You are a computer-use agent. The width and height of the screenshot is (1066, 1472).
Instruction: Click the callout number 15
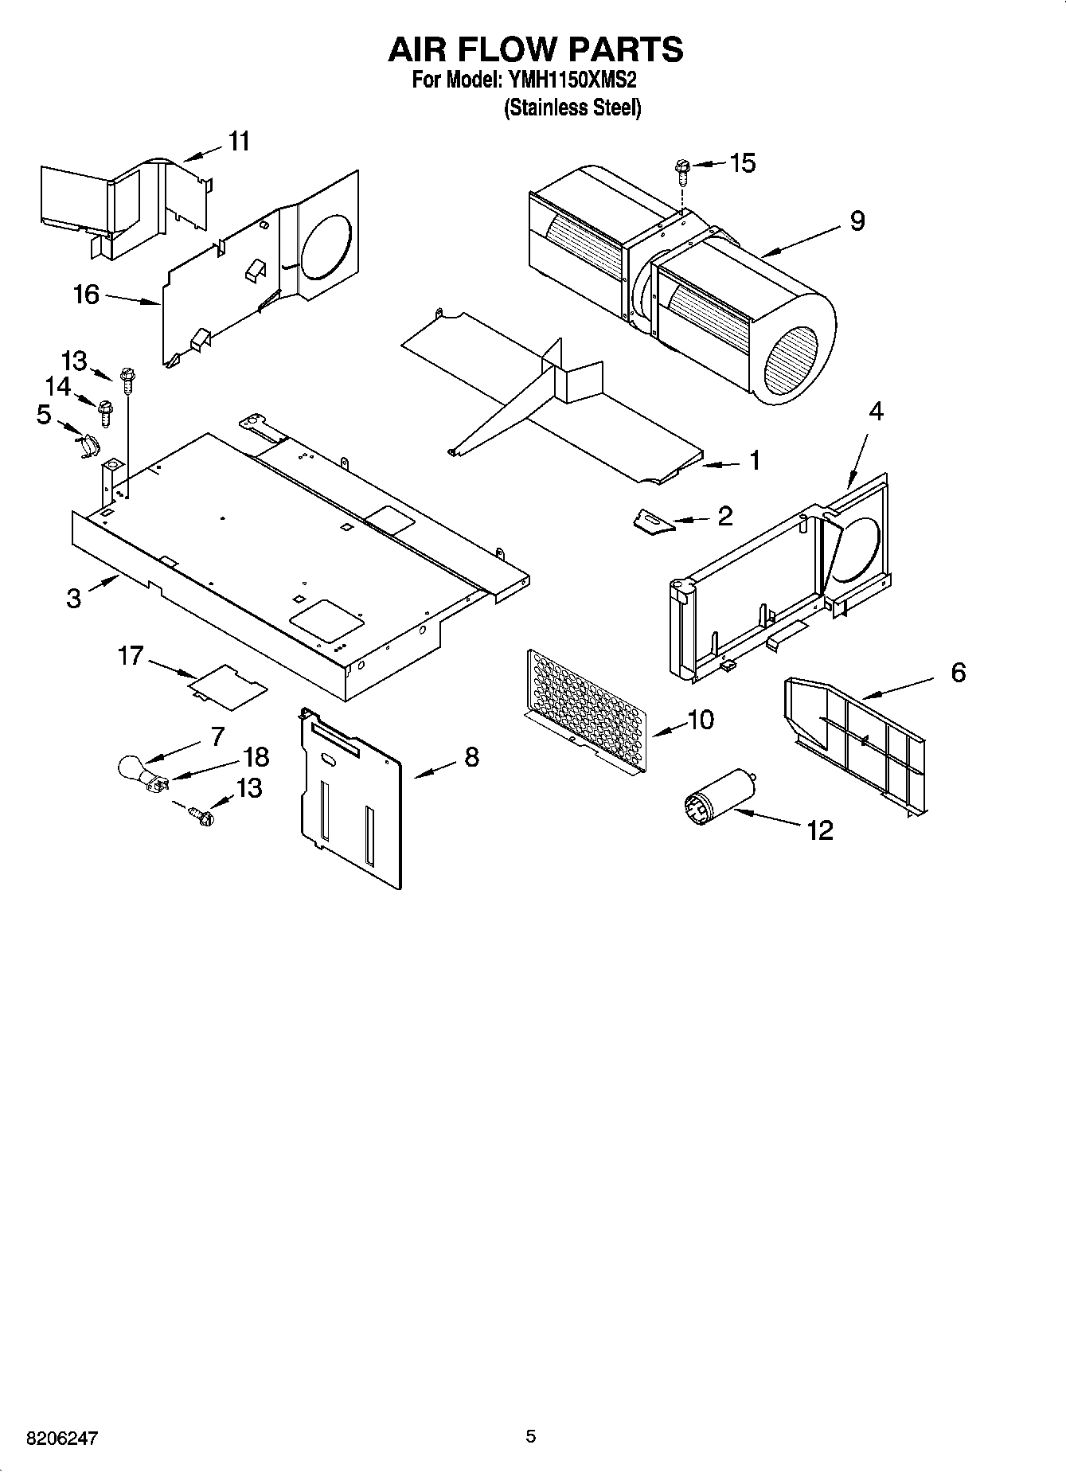(x=742, y=163)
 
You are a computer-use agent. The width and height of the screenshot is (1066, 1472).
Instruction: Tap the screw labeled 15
(x=681, y=168)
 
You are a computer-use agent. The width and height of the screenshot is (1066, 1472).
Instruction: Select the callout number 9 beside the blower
(x=857, y=221)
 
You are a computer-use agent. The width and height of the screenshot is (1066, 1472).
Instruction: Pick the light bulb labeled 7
(x=132, y=769)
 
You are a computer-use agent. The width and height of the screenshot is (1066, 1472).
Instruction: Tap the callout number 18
(x=256, y=757)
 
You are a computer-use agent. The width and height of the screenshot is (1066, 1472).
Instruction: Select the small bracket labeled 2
(x=652, y=521)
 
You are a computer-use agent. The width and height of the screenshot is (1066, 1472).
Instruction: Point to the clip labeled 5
(x=89, y=443)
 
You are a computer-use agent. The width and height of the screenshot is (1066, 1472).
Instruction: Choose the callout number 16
(x=86, y=295)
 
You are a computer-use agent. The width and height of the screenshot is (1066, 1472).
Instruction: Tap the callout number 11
(x=239, y=142)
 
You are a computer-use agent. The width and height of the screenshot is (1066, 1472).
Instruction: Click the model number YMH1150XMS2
(x=570, y=80)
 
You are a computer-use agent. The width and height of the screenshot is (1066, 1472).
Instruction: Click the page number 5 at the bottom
(x=531, y=1437)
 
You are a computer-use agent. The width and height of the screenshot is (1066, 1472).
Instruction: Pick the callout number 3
(x=73, y=598)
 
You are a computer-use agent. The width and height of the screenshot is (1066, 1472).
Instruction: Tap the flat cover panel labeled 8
(x=350, y=796)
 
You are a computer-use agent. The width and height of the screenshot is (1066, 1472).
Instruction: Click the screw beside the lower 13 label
(x=201, y=815)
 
